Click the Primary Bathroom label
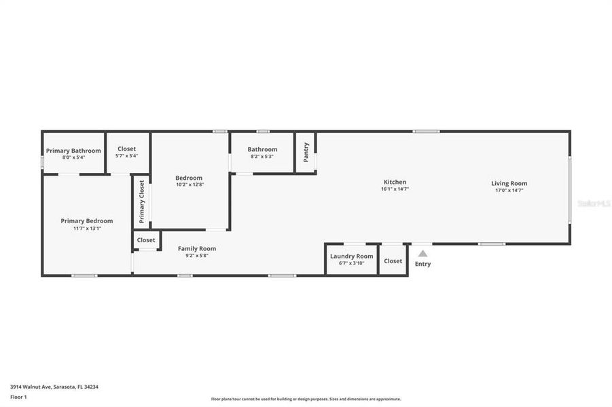pyautogui.click(x=73, y=151)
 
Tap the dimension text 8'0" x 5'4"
pyautogui.click(x=73, y=157)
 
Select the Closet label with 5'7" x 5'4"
pyautogui.click(x=126, y=149)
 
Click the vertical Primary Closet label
pyautogui.click(x=142, y=201)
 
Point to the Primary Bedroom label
pyautogui.click(x=87, y=220)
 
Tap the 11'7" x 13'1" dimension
pyautogui.click(x=87, y=229)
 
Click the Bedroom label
pyautogui.click(x=189, y=178)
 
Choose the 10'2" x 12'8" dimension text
pyautogui.click(x=189, y=185)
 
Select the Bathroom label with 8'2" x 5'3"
pyautogui.click(x=262, y=149)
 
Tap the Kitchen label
pyautogui.click(x=395, y=182)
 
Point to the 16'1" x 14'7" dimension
pyautogui.click(x=395, y=190)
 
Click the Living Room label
pyautogui.click(x=509, y=183)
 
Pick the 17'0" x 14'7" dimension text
pyautogui.click(x=509, y=191)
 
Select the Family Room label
pyautogui.click(x=197, y=248)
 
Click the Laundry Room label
pyautogui.click(x=352, y=256)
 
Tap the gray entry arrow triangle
pyautogui.click(x=422, y=254)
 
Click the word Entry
pyautogui.click(x=422, y=264)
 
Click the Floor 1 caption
pyautogui.click(x=18, y=397)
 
